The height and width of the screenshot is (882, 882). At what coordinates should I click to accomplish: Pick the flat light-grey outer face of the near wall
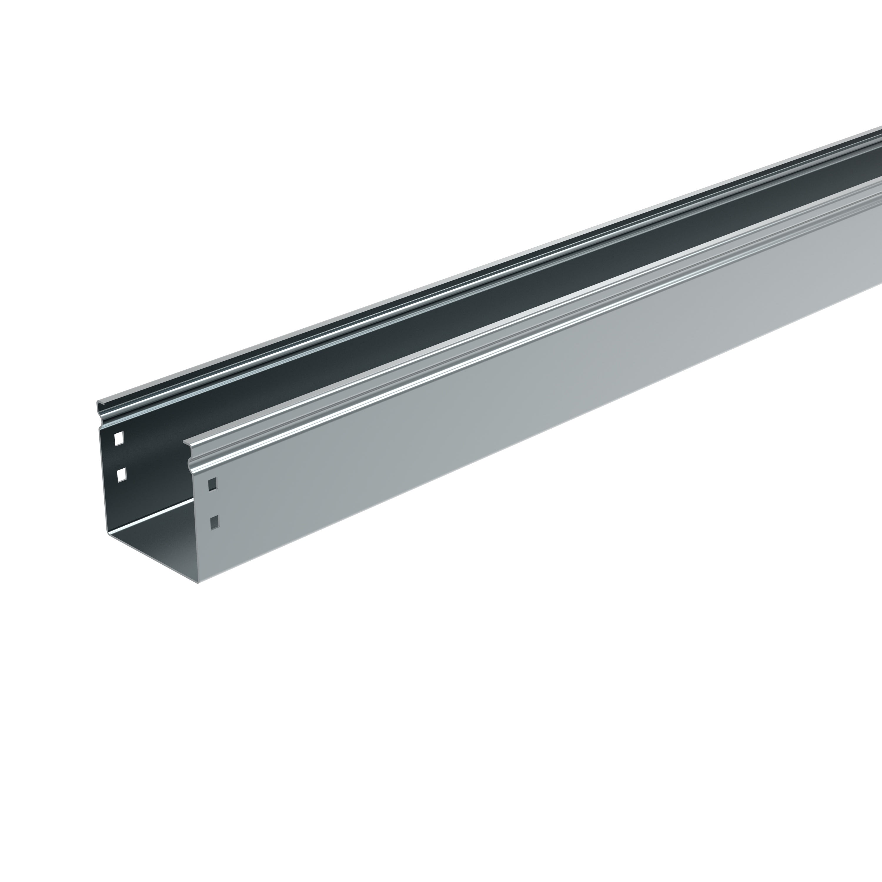(502, 411)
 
